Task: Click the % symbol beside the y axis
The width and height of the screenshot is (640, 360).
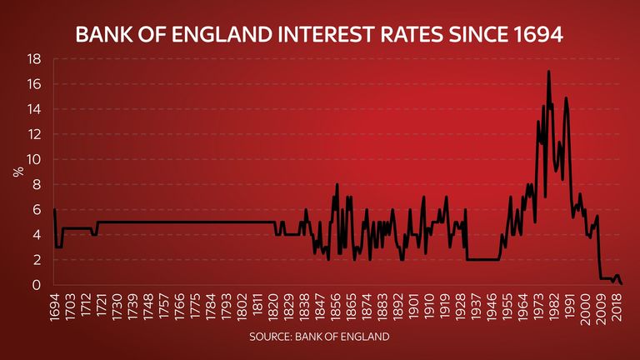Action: click(x=16, y=172)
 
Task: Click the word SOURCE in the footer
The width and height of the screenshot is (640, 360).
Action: click(x=269, y=337)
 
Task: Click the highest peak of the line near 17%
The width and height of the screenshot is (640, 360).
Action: click(x=548, y=72)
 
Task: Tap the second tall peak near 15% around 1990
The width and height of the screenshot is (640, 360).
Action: click(x=566, y=98)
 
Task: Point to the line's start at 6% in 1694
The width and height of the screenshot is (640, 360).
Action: click(x=54, y=210)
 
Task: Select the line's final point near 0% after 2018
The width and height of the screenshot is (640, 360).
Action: click(x=622, y=284)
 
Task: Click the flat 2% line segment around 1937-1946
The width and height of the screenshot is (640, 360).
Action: click(x=483, y=260)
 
